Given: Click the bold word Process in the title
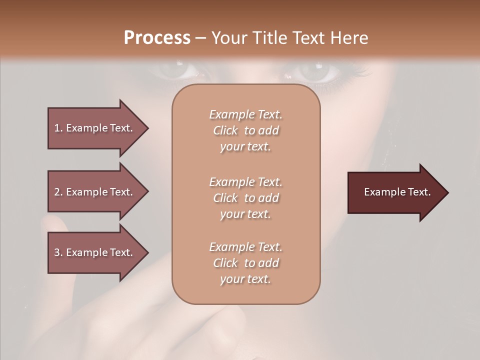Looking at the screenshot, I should [x=157, y=38].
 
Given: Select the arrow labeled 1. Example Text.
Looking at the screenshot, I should [x=95, y=128].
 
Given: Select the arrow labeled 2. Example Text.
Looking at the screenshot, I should [x=95, y=192].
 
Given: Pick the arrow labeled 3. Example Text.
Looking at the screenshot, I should [x=95, y=252].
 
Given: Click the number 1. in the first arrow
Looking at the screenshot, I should [x=58, y=128].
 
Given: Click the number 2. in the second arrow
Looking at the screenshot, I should [x=58, y=192].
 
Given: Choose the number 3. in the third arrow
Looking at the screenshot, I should [x=58, y=252].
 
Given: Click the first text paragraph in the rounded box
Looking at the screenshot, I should [x=245, y=130].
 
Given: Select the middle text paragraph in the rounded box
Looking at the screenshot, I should [x=245, y=198].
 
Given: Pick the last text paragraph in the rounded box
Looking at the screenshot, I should [x=245, y=263].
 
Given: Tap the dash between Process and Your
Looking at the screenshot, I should [x=200, y=38].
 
